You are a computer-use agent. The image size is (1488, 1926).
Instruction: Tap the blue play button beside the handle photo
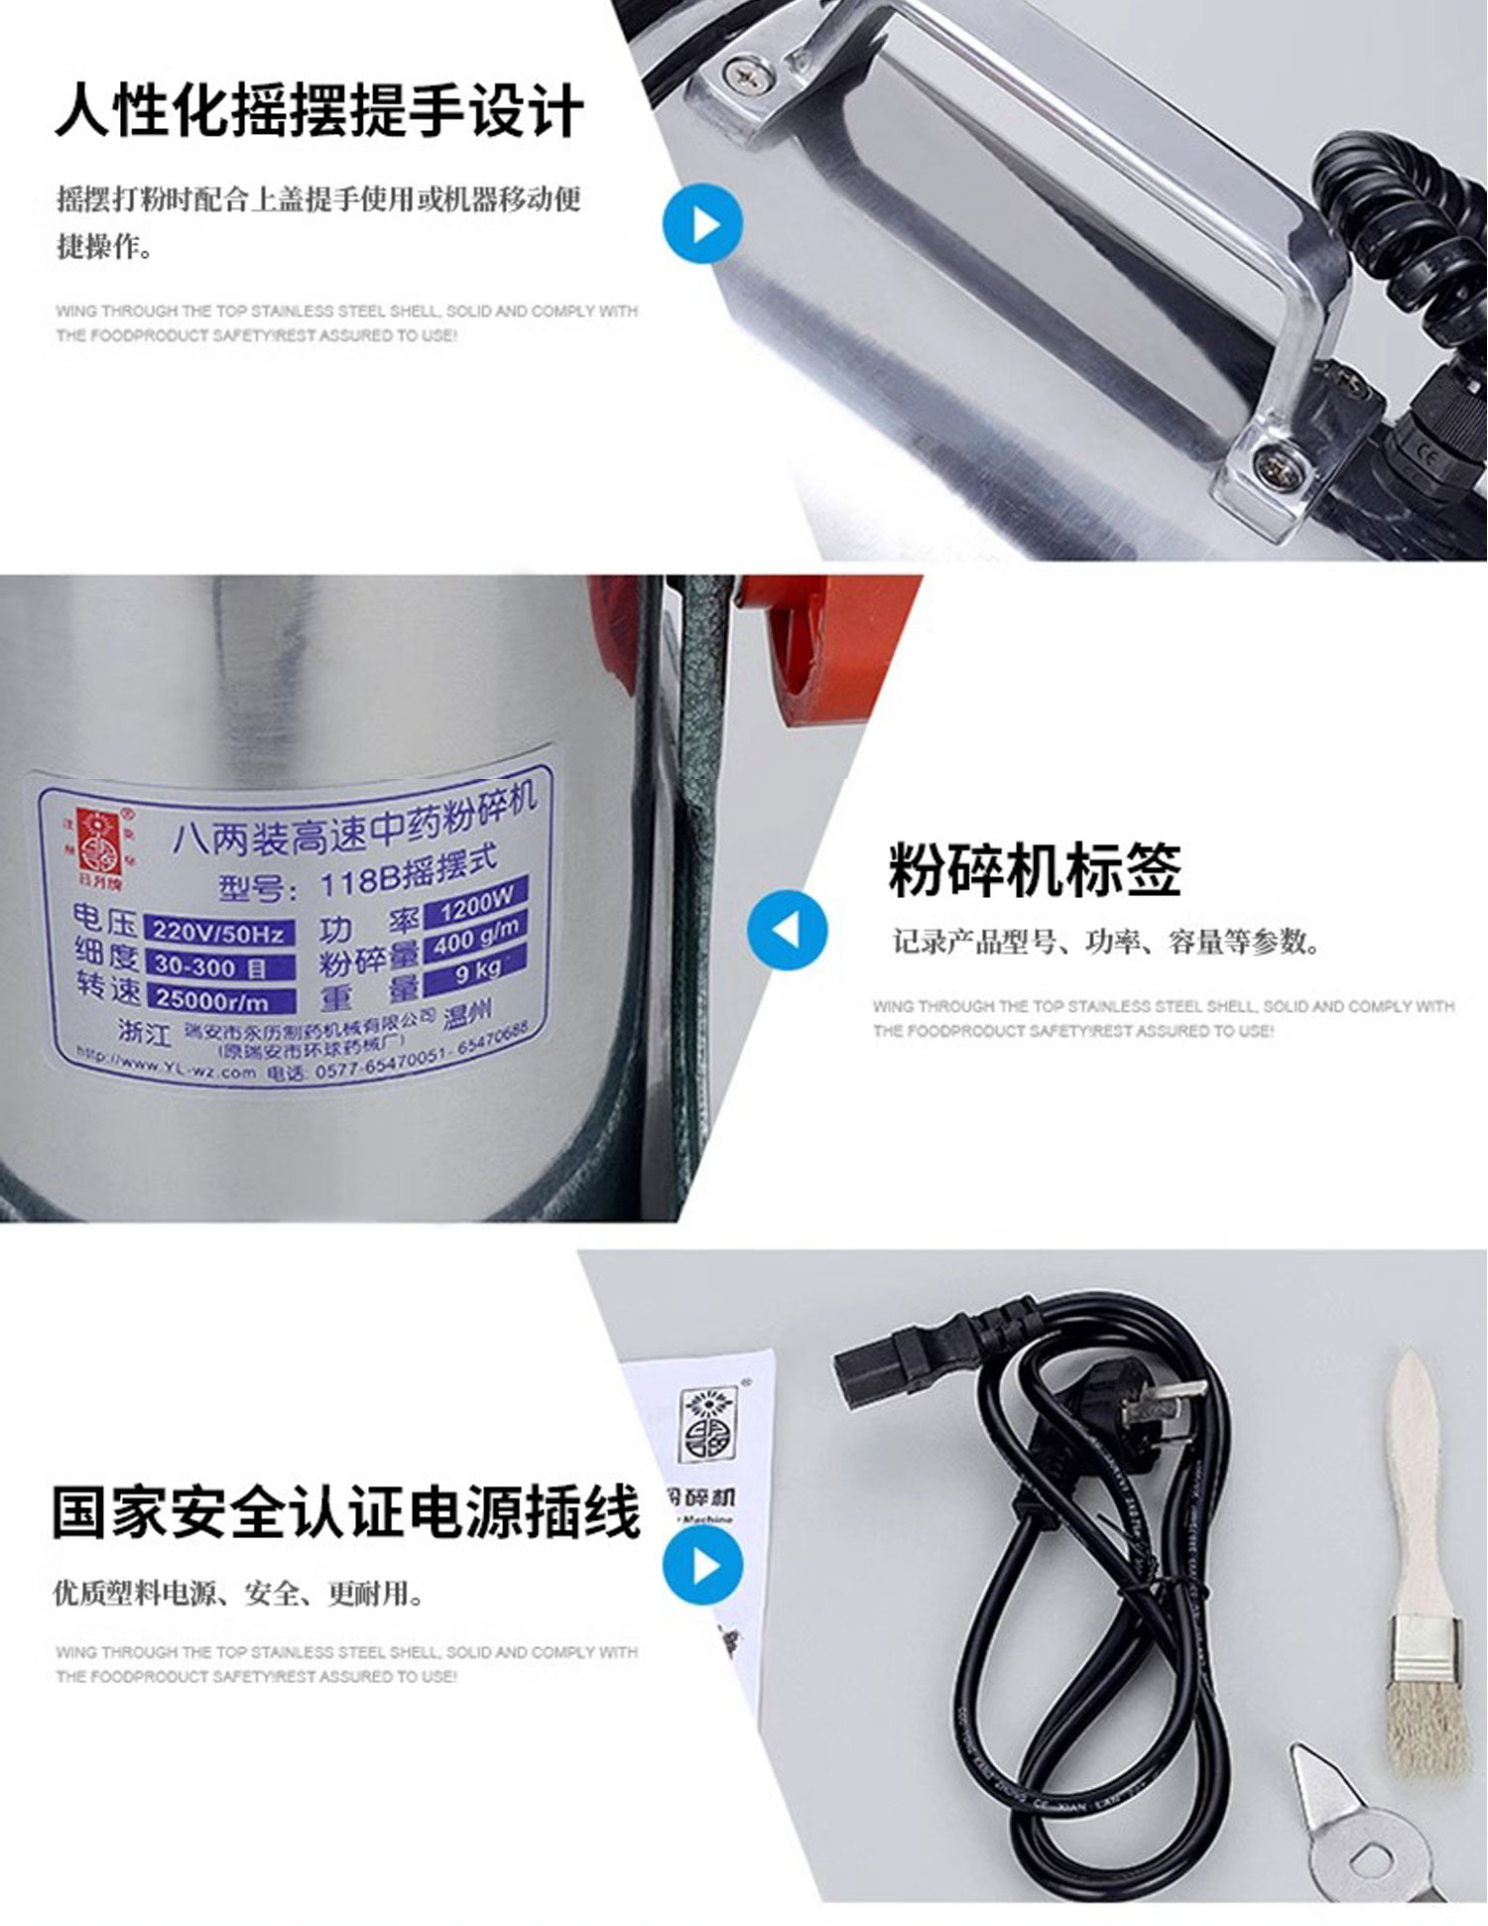[702, 224]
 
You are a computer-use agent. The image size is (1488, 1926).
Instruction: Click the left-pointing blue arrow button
[787, 930]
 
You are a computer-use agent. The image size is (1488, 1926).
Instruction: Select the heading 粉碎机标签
[1034, 870]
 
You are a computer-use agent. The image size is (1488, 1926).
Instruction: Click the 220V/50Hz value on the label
[219, 933]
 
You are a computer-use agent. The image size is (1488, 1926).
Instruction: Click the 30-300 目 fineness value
[220, 966]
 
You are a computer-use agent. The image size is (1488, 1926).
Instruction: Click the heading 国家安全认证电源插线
[345, 1512]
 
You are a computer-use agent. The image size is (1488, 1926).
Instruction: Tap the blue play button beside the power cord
[702, 1566]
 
